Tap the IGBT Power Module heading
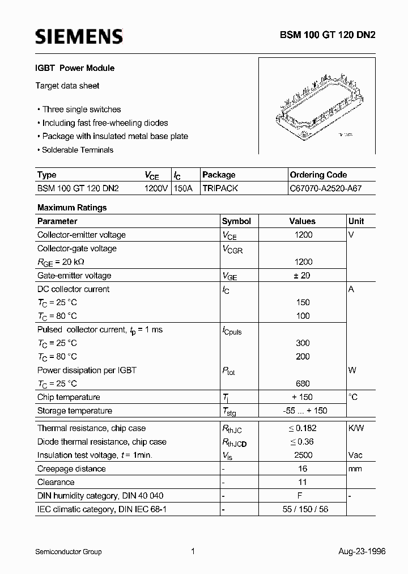pyautogui.click(x=76, y=68)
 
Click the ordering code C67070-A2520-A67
pyautogui.click(x=325, y=188)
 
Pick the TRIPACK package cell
pyautogui.click(x=220, y=188)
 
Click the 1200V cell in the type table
pyautogui.click(x=156, y=188)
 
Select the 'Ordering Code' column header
pyautogui.click(x=318, y=175)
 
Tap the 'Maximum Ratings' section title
pyautogui.click(x=72, y=208)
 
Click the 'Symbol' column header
pyautogui.click(x=236, y=221)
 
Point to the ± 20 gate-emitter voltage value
pyautogui.click(x=303, y=276)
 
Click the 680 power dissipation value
pyautogui.click(x=303, y=384)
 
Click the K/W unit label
pyautogui.click(x=356, y=428)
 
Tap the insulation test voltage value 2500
pyautogui.click(x=303, y=455)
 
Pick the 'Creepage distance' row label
pyautogui.click(x=71, y=469)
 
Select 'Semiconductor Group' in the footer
pyautogui.click(x=69, y=551)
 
